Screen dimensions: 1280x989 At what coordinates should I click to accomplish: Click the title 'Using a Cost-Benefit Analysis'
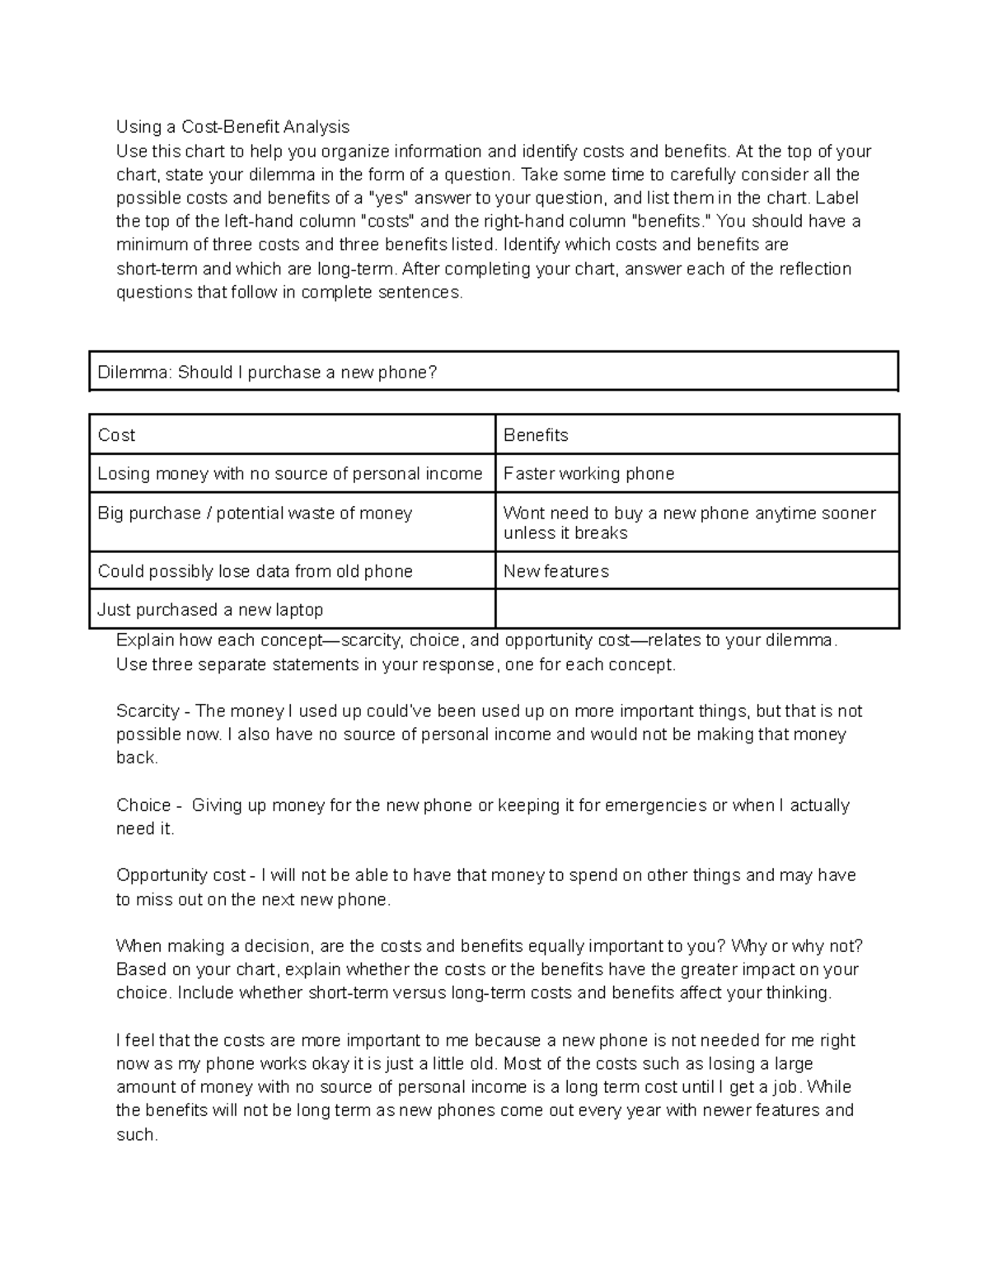tap(232, 127)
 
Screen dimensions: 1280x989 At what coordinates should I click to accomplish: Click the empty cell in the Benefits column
tap(696, 610)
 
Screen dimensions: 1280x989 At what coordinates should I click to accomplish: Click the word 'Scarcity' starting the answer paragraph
tap(148, 711)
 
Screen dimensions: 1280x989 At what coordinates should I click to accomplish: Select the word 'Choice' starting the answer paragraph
tap(143, 805)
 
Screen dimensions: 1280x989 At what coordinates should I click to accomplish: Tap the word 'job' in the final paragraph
tap(789, 1087)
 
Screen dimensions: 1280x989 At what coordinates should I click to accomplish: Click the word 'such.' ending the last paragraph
tap(137, 1135)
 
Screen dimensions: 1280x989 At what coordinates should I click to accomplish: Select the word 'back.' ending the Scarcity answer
tap(137, 758)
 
